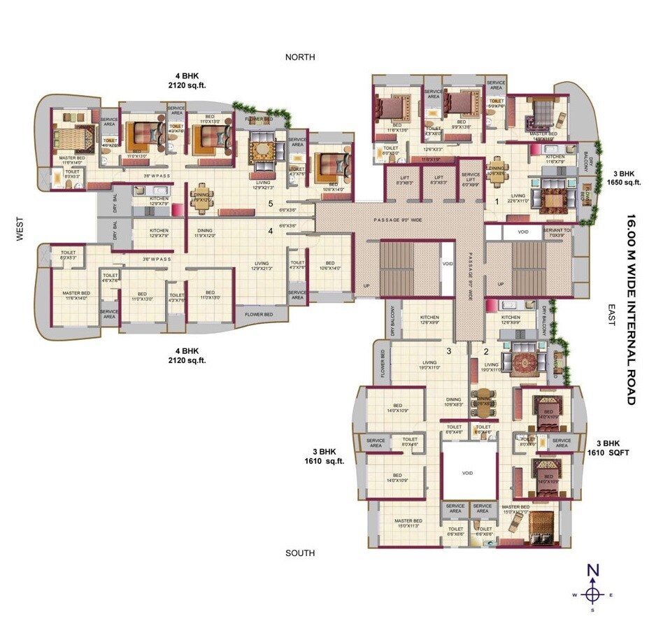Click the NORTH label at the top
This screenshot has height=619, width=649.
(x=300, y=57)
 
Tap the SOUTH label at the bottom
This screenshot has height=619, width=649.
(x=300, y=553)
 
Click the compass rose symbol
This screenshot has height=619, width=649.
(x=593, y=595)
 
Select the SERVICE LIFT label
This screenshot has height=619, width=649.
(x=471, y=180)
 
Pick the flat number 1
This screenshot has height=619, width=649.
(x=497, y=201)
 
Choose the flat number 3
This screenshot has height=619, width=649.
(x=449, y=350)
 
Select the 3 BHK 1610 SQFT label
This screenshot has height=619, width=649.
(x=608, y=448)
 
